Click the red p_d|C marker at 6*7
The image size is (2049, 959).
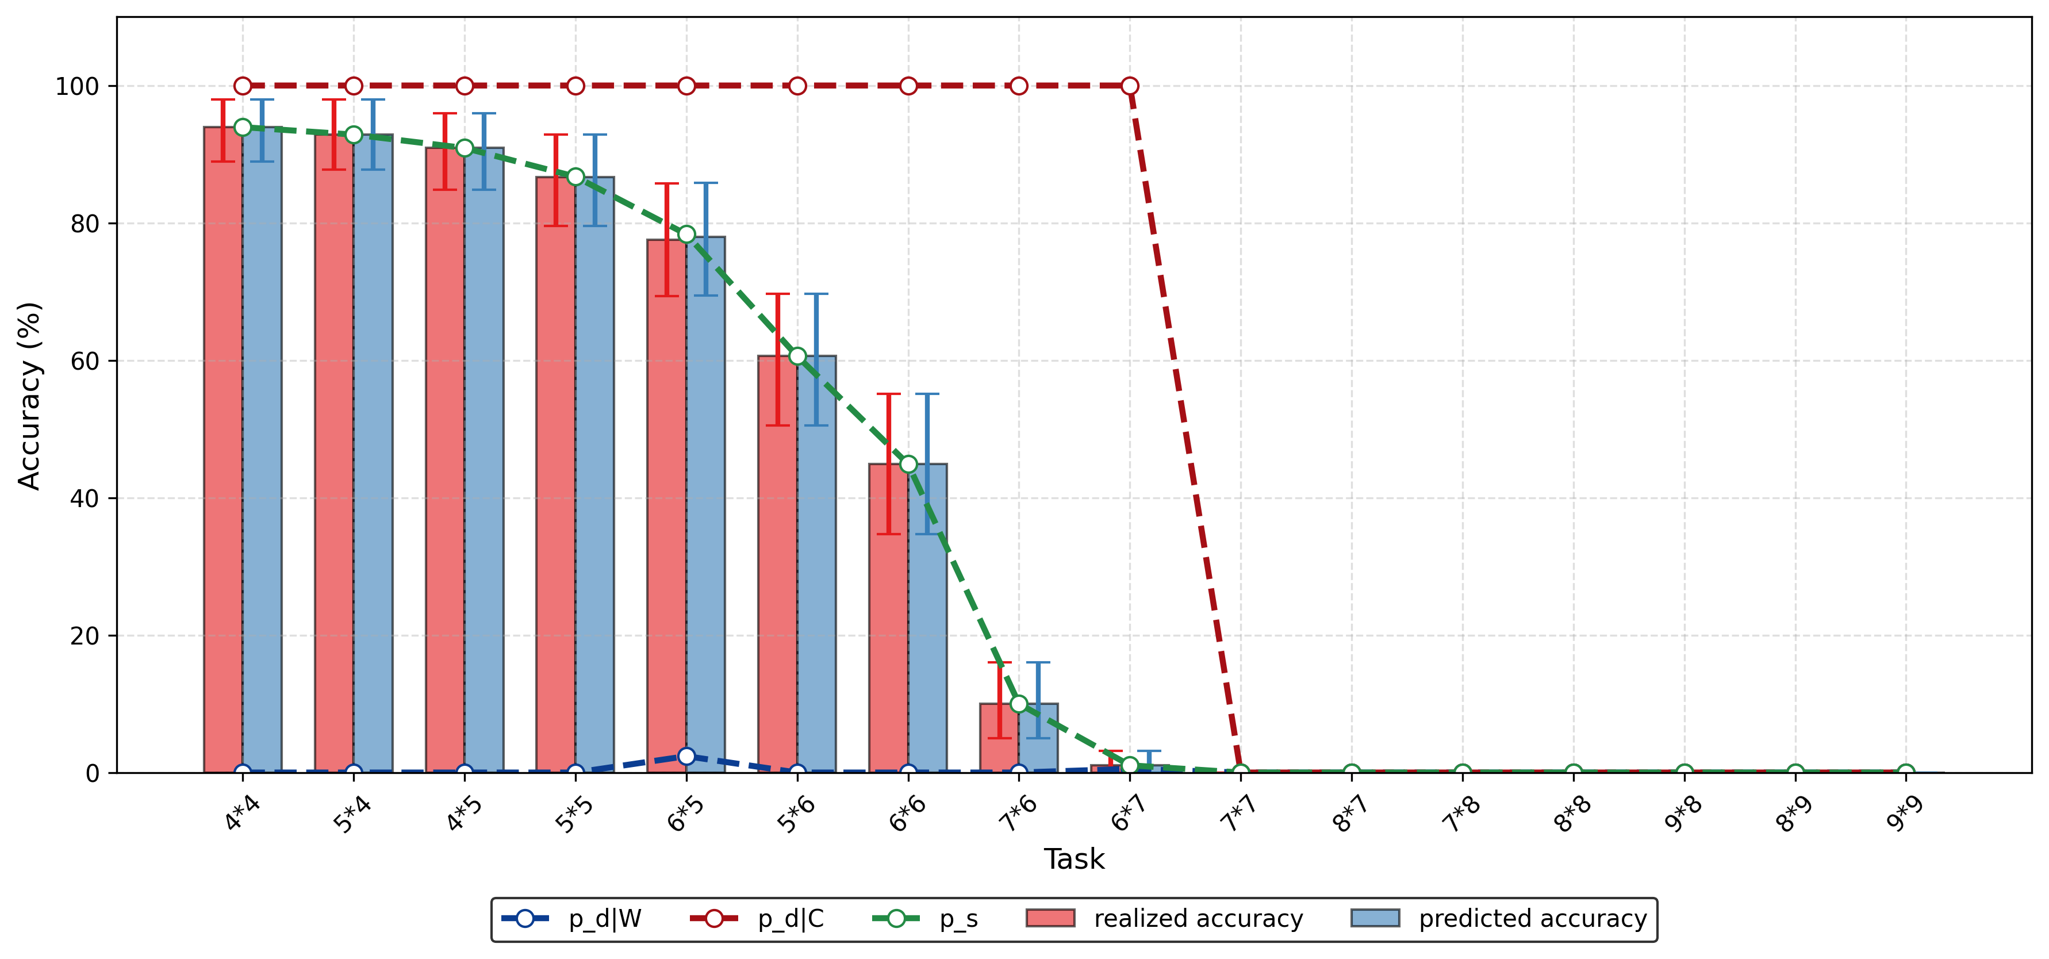[x=1130, y=86]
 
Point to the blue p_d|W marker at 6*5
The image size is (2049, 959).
[x=686, y=756]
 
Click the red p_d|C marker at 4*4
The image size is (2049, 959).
[x=243, y=86]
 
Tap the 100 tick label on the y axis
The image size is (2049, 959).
[x=77, y=86]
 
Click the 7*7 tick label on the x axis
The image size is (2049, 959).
[x=1238, y=814]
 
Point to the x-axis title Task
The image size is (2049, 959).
[x=1074, y=860]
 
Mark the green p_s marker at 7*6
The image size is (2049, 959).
[x=1019, y=704]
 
